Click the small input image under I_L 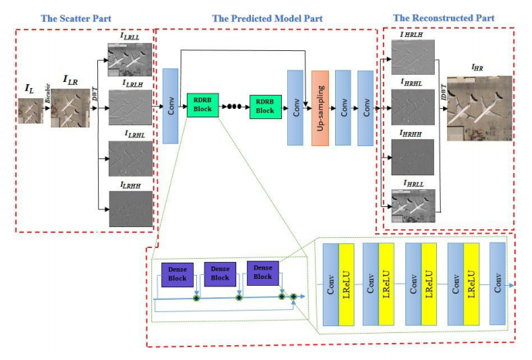tap(30, 111)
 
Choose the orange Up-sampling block tap(320, 107)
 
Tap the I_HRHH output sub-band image tap(413, 158)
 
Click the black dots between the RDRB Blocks tap(234, 107)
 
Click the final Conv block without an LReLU tap(496, 285)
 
